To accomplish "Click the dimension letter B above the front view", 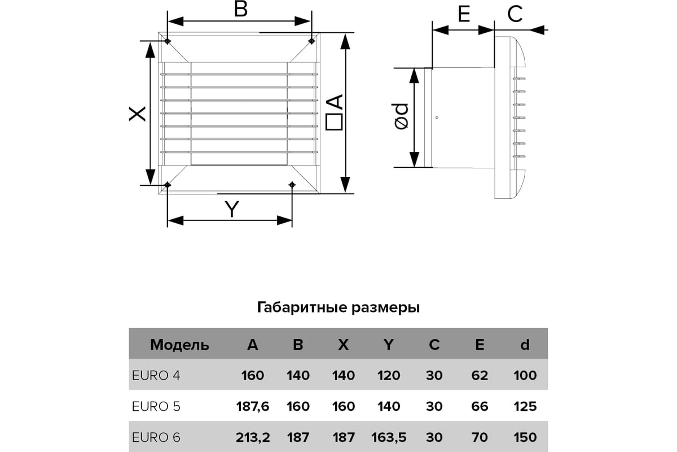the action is (x=241, y=9).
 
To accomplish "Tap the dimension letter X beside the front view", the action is (x=138, y=114).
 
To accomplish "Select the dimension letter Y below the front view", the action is (x=232, y=209).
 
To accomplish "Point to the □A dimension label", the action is (x=334, y=112).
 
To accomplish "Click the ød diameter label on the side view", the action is (x=401, y=117).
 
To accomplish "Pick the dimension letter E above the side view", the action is (x=464, y=14).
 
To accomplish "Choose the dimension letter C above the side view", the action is (x=515, y=14).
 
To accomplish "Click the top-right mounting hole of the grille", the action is (x=311, y=41).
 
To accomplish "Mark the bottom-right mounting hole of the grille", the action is (x=292, y=184).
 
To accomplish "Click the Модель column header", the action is (x=179, y=345).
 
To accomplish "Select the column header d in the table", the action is (x=525, y=344).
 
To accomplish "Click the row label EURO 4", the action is (x=156, y=375).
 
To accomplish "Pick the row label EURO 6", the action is (x=156, y=437).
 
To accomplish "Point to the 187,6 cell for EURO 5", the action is (x=253, y=407).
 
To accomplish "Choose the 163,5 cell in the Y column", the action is (x=389, y=438).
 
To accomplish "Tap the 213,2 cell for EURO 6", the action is (x=253, y=438).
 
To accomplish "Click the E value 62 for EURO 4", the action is (x=480, y=375).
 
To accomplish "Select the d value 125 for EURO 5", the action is (x=525, y=406).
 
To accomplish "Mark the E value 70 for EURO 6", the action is (x=480, y=437).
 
